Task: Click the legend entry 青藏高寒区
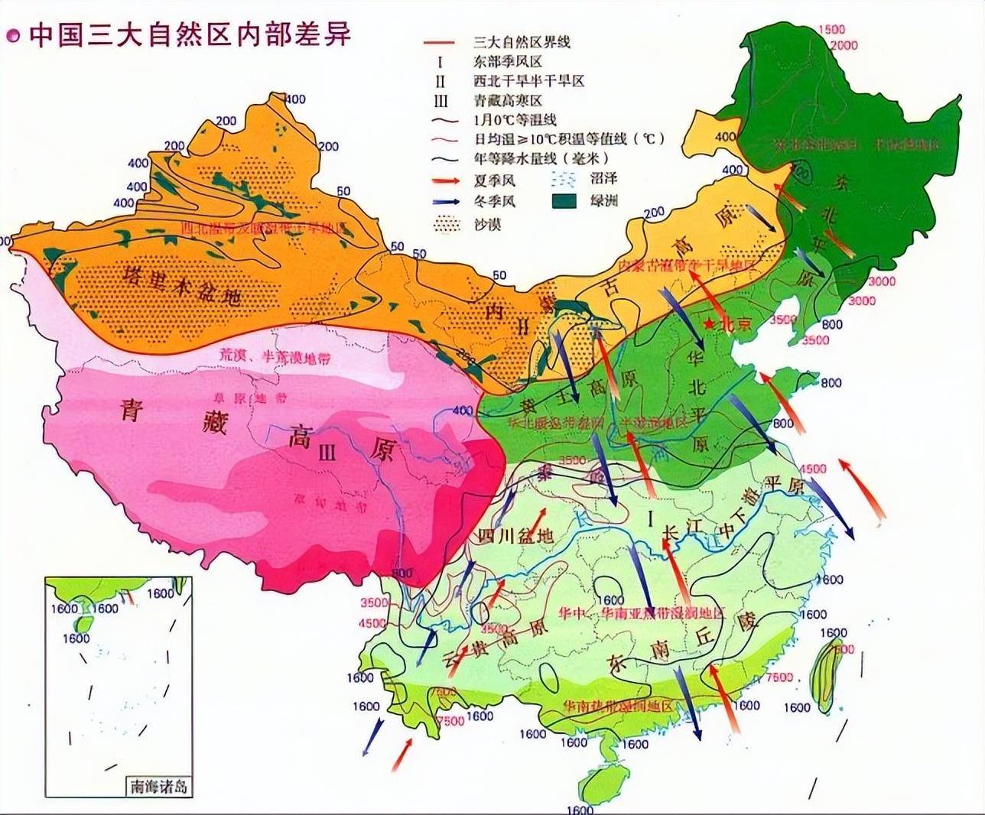[x=509, y=101]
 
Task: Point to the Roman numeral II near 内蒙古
[x=522, y=326]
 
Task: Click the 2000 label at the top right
[x=844, y=45]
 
